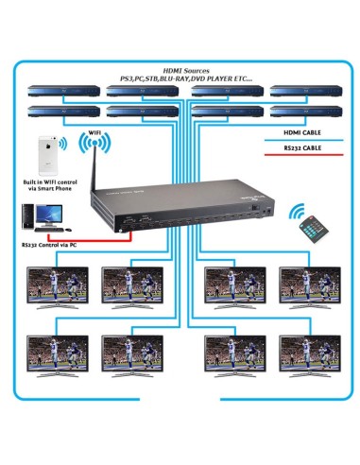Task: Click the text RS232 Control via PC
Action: tap(48, 244)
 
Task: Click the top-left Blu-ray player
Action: tap(56, 92)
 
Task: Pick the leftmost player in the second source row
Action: tap(56, 112)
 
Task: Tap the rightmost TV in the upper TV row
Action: tap(309, 285)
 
